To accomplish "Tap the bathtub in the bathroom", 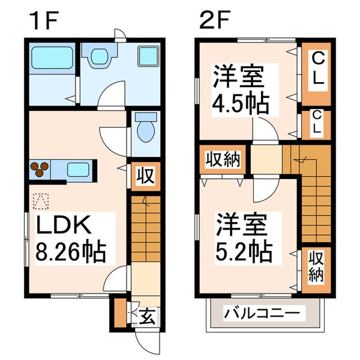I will pyautogui.click(x=52, y=58).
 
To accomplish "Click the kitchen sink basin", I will pyautogui.click(x=77, y=169).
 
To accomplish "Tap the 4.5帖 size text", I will pyautogui.click(x=242, y=103).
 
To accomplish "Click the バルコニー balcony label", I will pyautogui.click(x=262, y=314).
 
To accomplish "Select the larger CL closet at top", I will pyautogui.click(x=316, y=69).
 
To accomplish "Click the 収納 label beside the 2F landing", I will pyautogui.click(x=224, y=159).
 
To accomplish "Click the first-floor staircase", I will pyautogui.click(x=145, y=228).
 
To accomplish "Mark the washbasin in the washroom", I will pyautogui.click(x=99, y=57).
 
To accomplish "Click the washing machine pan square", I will pyautogui.click(x=147, y=58).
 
